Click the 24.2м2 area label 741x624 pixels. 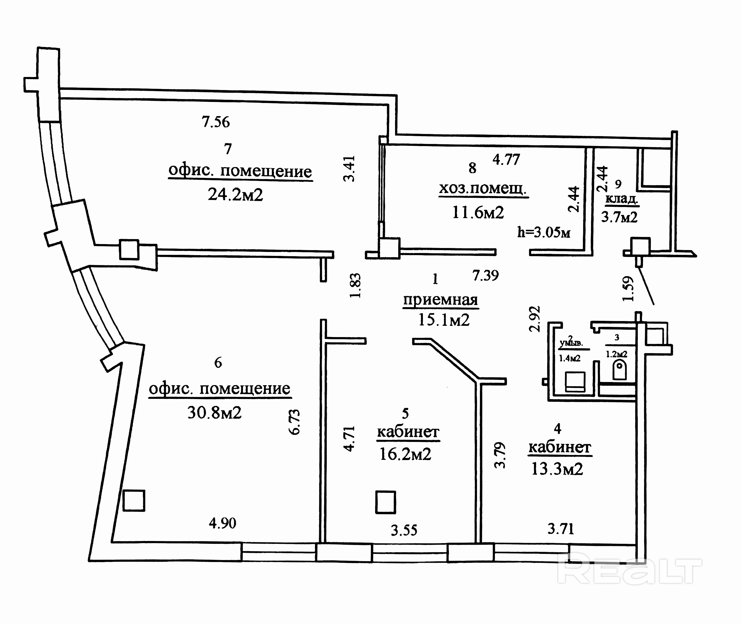(235, 195)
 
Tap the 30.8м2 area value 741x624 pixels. (214, 412)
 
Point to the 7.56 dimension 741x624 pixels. (215, 122)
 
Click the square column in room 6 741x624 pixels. (134, 501)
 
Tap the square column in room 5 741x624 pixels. (386, 502)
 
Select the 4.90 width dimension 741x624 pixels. (222, 523)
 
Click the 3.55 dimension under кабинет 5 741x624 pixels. (404, 530)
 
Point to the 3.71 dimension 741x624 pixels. (561, 529)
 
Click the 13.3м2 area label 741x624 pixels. (557, 469)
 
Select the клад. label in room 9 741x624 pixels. (621, 199)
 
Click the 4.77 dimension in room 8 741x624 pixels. (506, 159)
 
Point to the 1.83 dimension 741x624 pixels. (355, 286)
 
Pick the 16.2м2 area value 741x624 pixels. (405, 454)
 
